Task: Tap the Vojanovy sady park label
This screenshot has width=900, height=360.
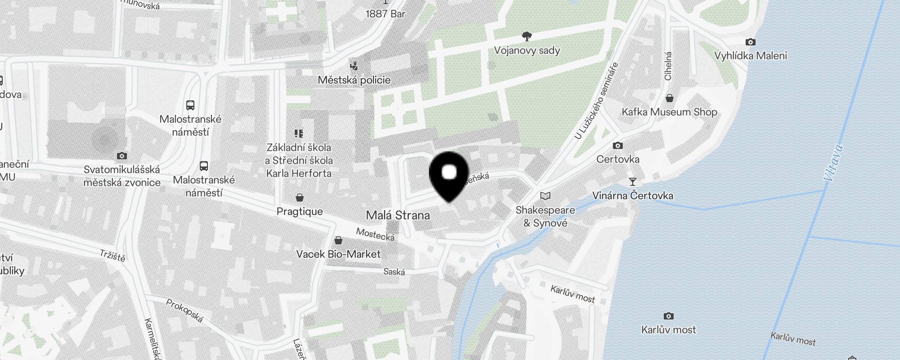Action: coord(527,50)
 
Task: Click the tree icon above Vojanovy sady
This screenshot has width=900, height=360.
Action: coord(526,36)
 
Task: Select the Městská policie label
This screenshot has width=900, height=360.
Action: coord(354,80)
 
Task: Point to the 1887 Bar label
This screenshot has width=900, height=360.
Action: coord(385,14)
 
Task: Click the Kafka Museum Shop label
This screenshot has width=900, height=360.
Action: coord(669,112)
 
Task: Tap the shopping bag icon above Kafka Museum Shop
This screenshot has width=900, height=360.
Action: coord(670,98)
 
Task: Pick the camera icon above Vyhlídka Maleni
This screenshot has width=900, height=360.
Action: coord(750,42)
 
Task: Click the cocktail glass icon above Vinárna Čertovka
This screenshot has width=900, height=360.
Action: coord(633,182)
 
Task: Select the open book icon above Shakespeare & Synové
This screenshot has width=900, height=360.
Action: coord(545,196)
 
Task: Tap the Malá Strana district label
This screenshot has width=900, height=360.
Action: coord(398,215)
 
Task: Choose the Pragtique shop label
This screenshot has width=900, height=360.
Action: coord(300,211)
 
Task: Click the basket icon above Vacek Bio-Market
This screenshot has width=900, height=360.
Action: coord(338,240)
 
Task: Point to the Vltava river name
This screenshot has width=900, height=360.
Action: coord(833,162)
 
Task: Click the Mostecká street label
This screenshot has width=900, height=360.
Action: coord(375,234)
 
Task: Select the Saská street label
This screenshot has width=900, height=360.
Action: coord(394,272)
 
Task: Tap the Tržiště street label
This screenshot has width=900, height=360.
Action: coord(112,256)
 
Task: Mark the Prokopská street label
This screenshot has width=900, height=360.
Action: coord(184,310)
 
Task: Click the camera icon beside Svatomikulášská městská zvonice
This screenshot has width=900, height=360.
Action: coord(121,156)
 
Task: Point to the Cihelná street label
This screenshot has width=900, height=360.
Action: coord(668,66)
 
